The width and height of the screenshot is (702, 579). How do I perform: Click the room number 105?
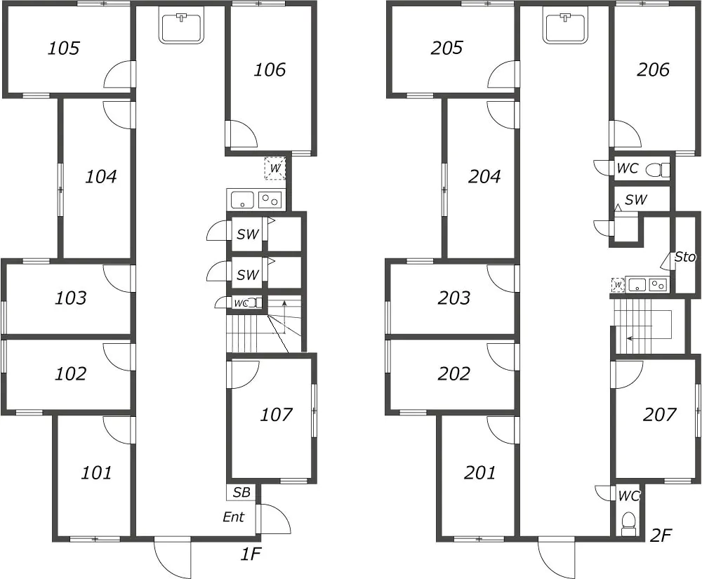click(64, 48)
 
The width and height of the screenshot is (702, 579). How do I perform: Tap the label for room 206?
click(653, 69)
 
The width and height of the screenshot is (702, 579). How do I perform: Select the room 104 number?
click(100, 176)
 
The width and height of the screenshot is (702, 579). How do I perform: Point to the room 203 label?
click(454, 298)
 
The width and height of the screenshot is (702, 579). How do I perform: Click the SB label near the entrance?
click(241, 492)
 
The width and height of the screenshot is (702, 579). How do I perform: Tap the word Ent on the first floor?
click(234, 517)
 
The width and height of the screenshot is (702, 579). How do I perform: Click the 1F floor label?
click(251, 554)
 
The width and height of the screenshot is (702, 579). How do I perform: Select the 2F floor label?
click(661, 535)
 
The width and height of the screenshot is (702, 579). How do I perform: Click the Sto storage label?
click(685, 257)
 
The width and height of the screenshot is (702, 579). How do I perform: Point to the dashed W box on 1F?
click(275, 168)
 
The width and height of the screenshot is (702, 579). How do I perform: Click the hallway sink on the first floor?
click(182, 28)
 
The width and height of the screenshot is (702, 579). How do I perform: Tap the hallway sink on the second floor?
click(565, 28)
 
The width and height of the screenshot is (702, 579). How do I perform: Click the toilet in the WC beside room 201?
click(628, 524)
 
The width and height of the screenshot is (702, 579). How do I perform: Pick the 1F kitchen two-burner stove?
click(270, 199)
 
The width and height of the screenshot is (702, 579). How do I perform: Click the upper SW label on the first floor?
click(248, 234)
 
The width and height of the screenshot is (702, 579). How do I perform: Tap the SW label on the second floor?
click(636, 199)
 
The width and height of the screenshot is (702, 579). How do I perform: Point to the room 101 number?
click(96, 472)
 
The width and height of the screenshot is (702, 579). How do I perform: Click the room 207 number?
click(659, 415)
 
